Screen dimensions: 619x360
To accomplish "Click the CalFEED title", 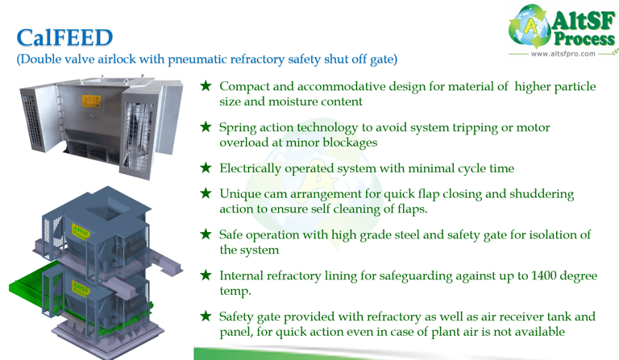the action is click(x=64, y=38).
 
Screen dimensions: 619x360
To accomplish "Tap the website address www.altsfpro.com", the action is click(x=563, y=54).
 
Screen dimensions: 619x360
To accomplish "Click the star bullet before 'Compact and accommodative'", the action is click(x=206, y=85).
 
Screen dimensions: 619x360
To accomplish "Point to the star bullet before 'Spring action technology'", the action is click(x=206, y=126).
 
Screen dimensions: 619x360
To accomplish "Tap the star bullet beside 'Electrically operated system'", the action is click(x=206, y=168).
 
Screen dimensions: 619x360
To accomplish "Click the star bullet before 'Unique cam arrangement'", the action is click(x=206, y=192).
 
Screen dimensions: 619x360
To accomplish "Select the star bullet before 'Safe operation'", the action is click(x=206, y=234).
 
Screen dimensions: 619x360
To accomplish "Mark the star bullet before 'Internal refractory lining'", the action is click(x=206, y=275).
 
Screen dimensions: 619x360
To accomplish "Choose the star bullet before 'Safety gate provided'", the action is click(x=206, y=316).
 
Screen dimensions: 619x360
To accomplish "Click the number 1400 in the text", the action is click(x=544, y=275).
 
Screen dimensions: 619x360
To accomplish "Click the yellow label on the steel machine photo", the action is click(x=91, y=101).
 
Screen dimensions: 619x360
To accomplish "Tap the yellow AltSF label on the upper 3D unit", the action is click(x=81, y=231).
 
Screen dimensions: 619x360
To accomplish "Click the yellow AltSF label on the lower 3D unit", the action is click(x=81, y=288).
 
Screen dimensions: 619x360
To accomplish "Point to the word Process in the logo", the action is click(x=584, y=39).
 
